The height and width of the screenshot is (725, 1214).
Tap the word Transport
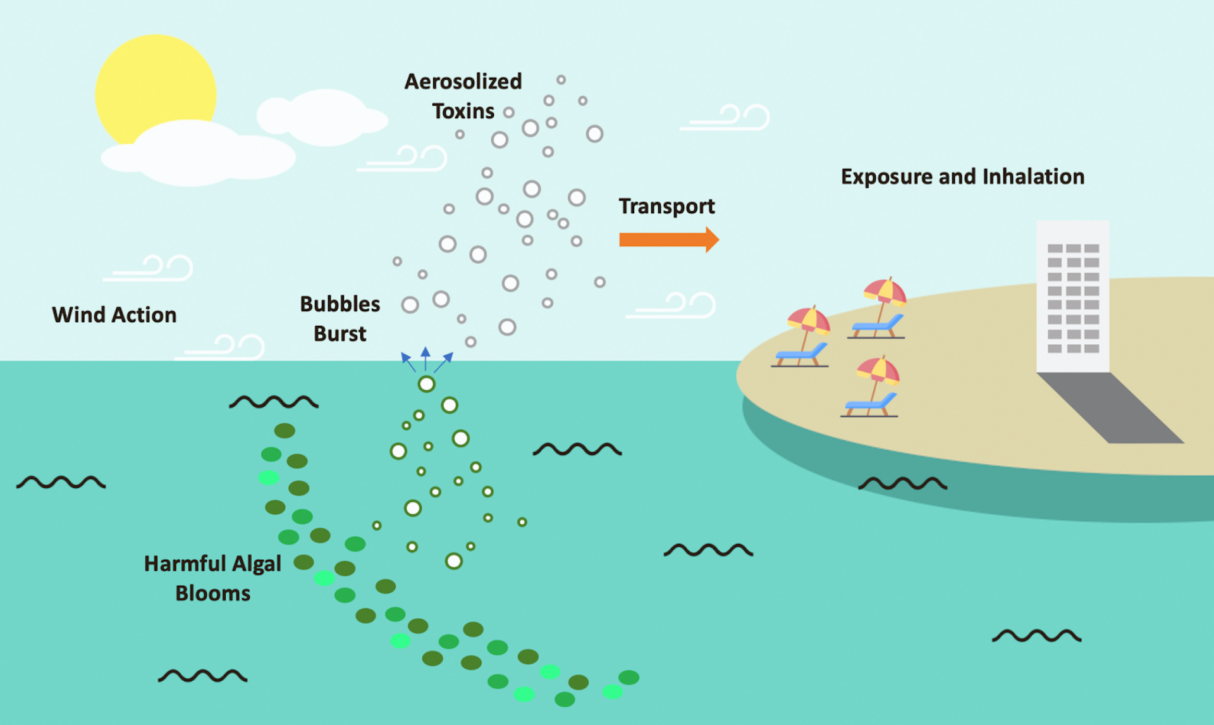click(666, 206)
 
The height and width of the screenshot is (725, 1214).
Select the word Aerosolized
click(463, 82)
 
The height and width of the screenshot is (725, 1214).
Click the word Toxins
click(463, 111)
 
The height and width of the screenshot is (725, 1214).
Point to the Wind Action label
click(114, 314)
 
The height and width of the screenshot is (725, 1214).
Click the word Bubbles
click(340, 304)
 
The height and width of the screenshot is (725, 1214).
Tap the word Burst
click(340, 333)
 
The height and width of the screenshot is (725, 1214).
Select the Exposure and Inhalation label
click(962, 177)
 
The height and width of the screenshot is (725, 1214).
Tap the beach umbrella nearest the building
click(885, 292)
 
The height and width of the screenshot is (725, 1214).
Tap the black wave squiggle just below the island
click(902, 484)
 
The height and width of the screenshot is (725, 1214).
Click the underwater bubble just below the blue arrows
click(427, 384)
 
